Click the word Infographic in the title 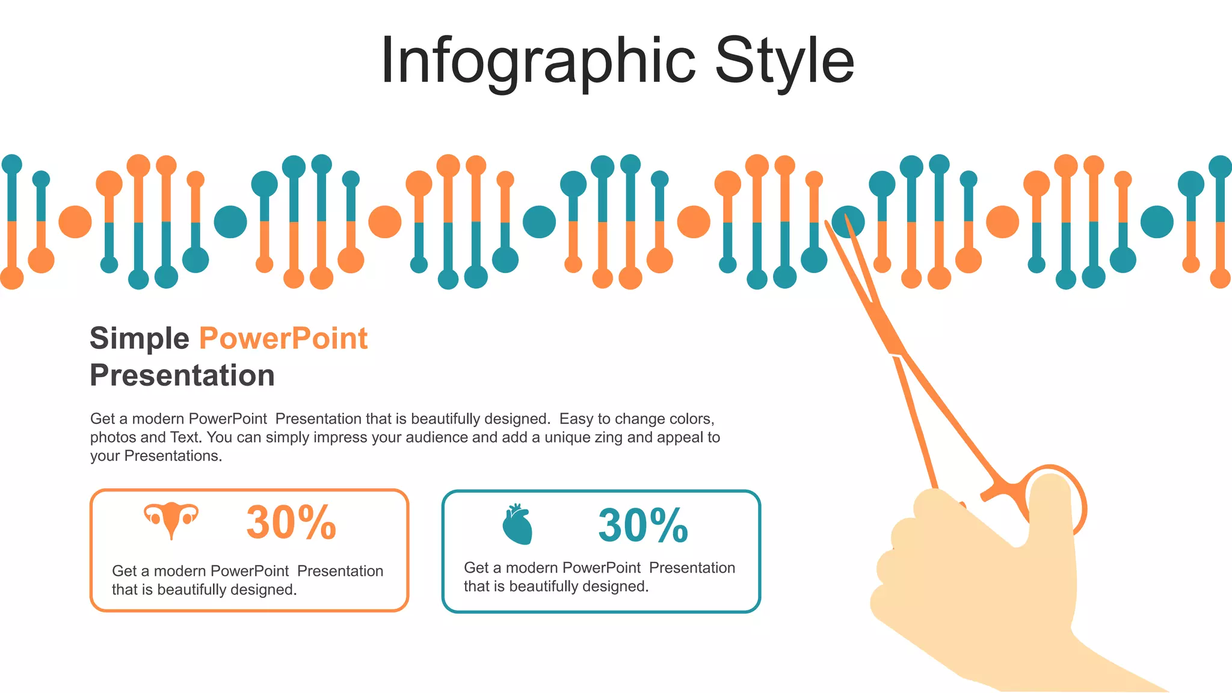coord(538,61)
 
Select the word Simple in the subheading coord(139,338)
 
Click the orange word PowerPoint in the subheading coord(283,338)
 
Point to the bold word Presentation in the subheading coord(182,375)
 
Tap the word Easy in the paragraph coord(576,419)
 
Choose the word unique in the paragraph coord(568,437)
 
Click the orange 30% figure coord(291,523)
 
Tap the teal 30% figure coord(643,526)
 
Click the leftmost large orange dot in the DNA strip coord(75,221)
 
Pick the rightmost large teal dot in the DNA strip coord(1157,221)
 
